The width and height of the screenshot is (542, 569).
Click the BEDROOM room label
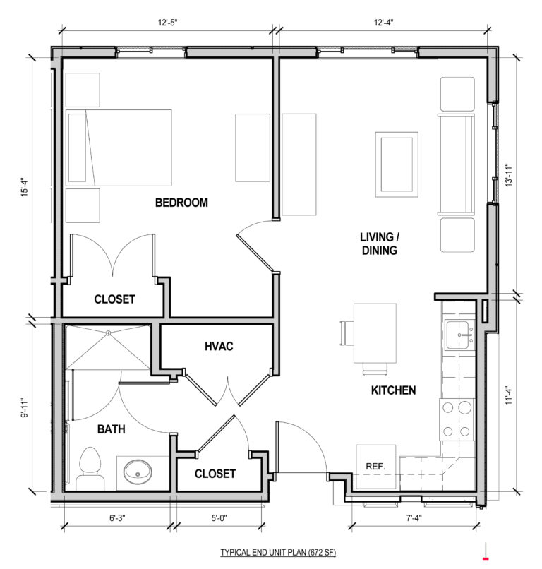tap(181, 203)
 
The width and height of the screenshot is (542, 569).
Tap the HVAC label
tap(219, 347)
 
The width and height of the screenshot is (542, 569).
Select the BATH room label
tap(92, 429)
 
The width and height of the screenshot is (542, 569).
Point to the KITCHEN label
tap(393, 390)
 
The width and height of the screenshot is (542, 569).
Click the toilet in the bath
tap(90, 469)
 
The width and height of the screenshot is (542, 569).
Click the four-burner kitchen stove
tap(457, 419)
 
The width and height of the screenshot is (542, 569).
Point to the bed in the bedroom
tap(119, 147)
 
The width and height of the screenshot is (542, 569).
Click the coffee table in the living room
tap(396, 163)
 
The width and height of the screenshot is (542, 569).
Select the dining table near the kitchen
tap(373, 333)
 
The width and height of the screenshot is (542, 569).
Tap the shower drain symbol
tap(108, 333)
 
